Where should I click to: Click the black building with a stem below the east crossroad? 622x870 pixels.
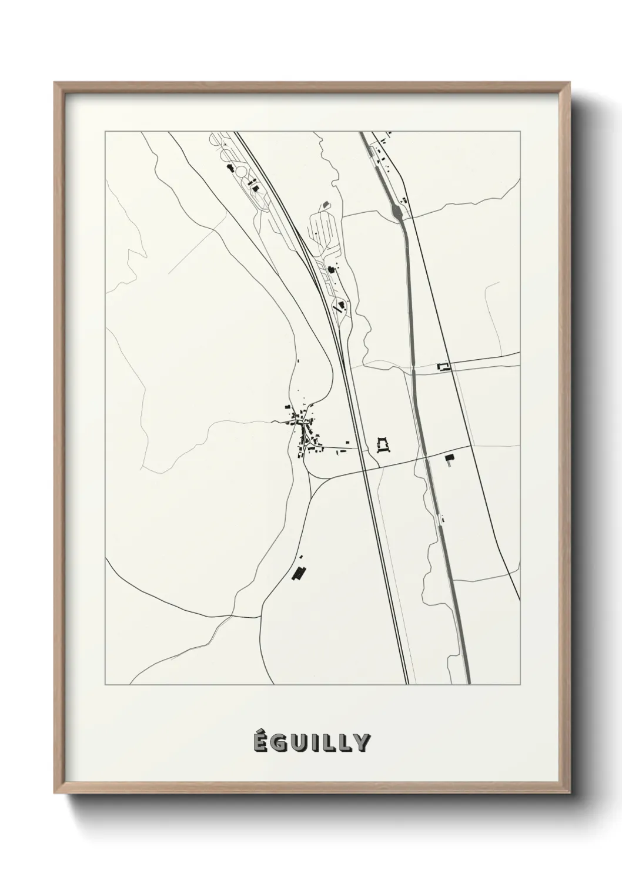coord(450,459)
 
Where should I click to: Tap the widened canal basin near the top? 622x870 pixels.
coord(398,209)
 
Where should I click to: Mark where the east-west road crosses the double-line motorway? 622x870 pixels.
coord(363,469)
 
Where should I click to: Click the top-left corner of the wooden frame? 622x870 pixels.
coord(56,84)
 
